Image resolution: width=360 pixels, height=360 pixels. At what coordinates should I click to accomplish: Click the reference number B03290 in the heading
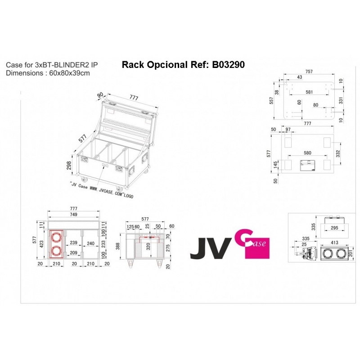coord(228,65)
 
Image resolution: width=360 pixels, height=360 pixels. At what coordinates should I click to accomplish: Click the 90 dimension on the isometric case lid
coord(100,95)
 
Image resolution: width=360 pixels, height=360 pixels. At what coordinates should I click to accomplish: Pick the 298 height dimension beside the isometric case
coord(69,166)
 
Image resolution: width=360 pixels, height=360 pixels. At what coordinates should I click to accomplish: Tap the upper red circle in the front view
coord(57,238)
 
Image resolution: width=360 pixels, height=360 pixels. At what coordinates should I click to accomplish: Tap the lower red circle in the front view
coord(57,252)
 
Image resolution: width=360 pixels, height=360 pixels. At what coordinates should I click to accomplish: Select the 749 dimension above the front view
coord(73,215)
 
